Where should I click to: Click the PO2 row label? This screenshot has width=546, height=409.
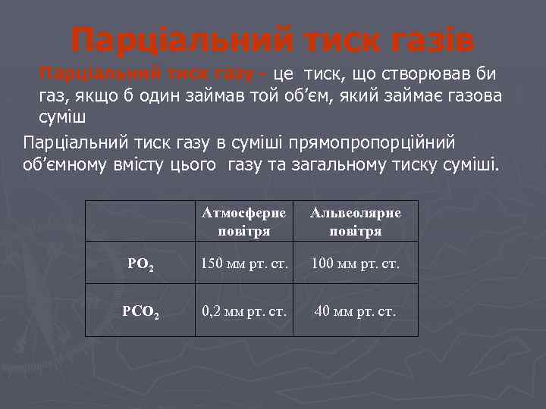[140, 264]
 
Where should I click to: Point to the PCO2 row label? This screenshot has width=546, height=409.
[140, 311]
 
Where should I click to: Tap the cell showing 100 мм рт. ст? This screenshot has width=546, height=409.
[356, 264]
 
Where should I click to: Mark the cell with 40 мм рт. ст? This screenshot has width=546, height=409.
[356, 311]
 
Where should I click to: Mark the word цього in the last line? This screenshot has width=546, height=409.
[199, 165]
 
